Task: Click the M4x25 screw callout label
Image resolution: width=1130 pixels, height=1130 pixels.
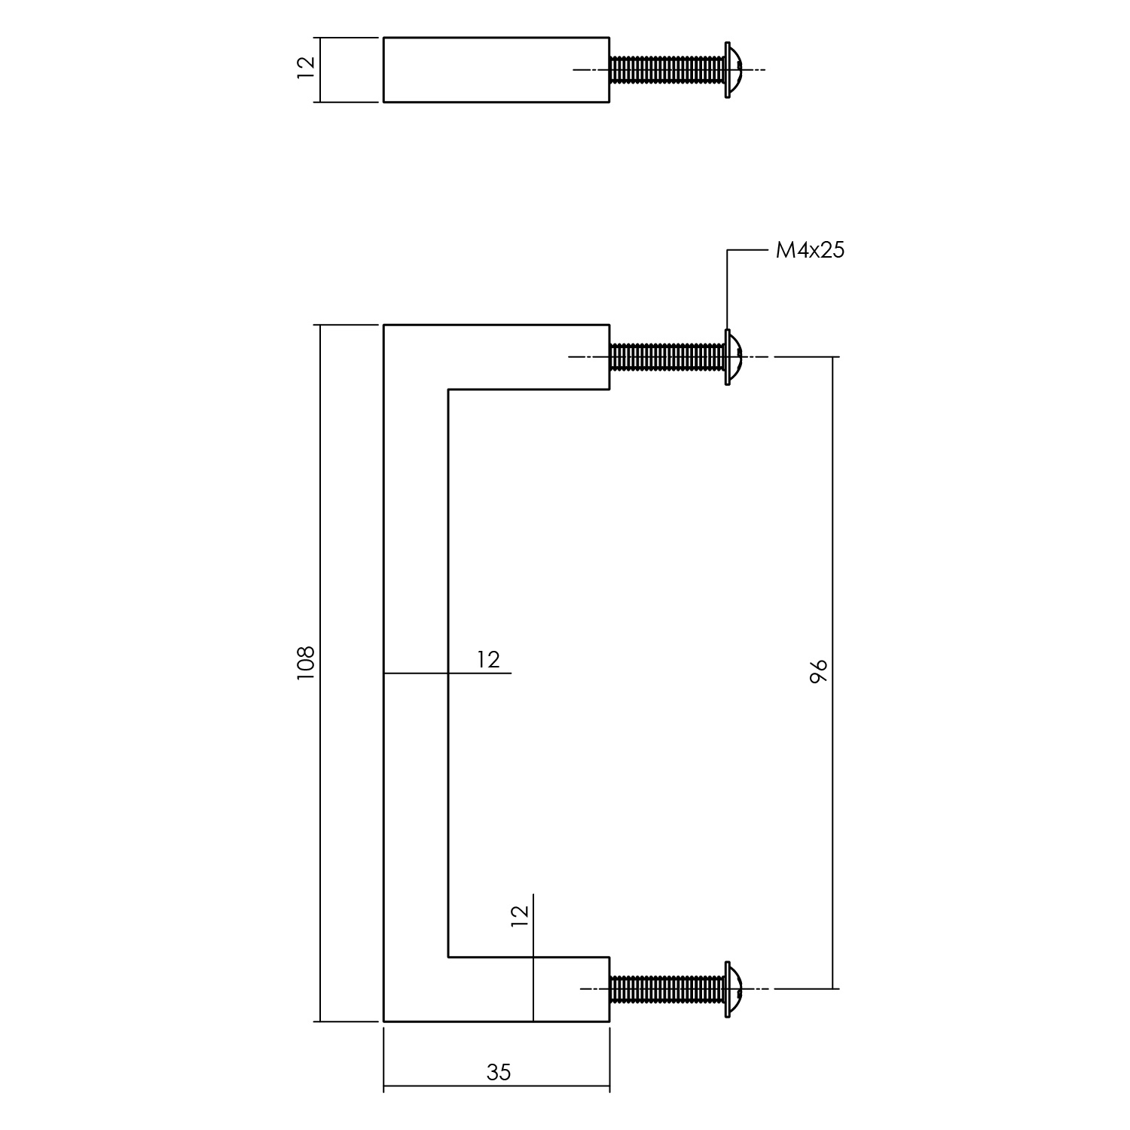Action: tap(810, 250)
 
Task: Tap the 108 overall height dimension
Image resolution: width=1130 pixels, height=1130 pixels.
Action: tap(305, 664)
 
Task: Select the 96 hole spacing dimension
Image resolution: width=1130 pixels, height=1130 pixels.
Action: tap(819, 670)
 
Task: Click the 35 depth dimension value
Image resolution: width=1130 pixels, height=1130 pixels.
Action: tap(499, 1072)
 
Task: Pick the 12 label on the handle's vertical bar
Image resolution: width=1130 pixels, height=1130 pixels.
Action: tap(488, 660)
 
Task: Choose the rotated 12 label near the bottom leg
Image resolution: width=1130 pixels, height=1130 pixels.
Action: tap(520, 915)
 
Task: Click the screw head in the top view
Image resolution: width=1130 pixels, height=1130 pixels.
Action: tap(733, 69)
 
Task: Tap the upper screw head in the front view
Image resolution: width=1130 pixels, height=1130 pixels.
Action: tap(733, 356)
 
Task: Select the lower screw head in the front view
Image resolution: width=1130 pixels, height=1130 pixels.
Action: tap(733, 989)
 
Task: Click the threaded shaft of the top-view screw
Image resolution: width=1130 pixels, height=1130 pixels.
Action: tap(667, 69)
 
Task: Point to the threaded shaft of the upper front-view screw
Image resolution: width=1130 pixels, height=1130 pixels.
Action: tap(667, 356)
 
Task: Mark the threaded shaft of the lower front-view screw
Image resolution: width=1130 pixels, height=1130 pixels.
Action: tap(667, 989)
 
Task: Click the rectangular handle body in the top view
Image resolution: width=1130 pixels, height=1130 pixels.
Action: tap(496, 69)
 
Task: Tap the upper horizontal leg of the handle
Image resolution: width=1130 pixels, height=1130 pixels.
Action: tap(496, 356)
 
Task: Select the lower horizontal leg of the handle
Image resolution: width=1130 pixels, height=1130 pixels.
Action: tap(496, 989)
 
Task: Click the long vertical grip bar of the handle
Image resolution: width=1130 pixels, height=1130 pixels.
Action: tap(416, 673)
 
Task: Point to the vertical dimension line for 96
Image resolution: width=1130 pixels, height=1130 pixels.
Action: tap(833, 672)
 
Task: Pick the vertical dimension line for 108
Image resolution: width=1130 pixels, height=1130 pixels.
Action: tap(321, 673)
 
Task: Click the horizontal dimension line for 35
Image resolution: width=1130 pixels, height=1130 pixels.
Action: tap(496, 1087)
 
